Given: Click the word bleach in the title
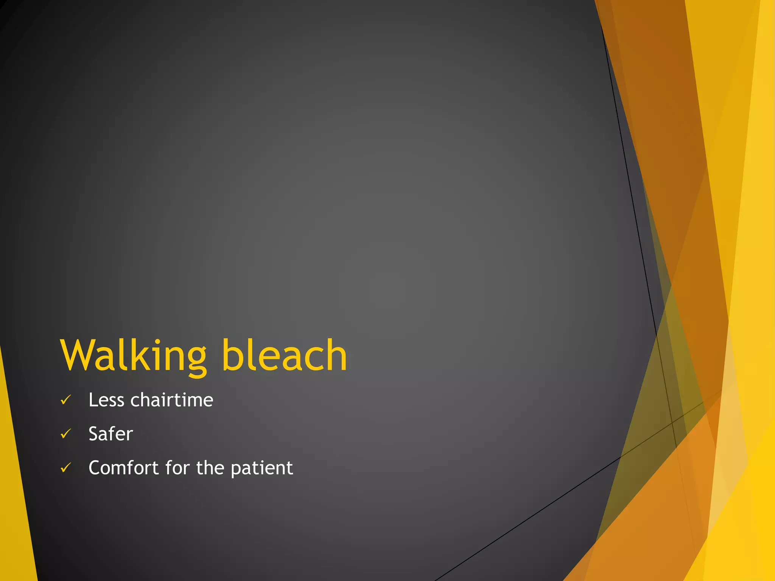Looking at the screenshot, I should [x=284, y=356].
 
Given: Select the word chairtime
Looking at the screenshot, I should [x=172, y=400].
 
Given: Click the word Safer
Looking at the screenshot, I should [x=110, y=434].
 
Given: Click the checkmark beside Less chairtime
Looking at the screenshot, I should [x=66, y=400].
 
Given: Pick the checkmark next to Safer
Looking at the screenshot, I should [x=66, y=434].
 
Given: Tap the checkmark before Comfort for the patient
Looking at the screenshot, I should [x=66, y=468].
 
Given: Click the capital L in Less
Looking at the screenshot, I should [x=93, y=400].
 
